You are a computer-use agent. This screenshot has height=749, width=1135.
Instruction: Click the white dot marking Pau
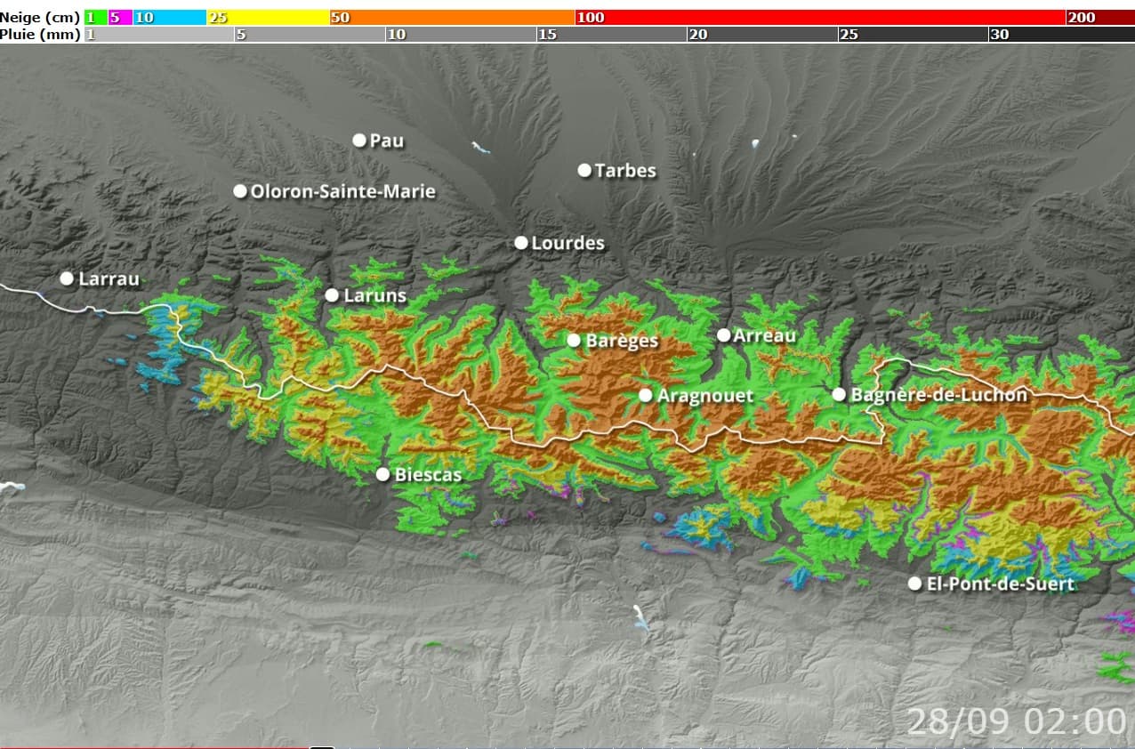tap(359, 140)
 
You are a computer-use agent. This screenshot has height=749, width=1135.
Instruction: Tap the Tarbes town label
tap(624, 170)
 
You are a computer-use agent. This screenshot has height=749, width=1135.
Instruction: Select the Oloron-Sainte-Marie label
tap(342, 191)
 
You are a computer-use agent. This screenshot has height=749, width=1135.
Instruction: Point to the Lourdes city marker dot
tap(521, 243)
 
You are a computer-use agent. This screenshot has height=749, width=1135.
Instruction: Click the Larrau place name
tap(109, 278)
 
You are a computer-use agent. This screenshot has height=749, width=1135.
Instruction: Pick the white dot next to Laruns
tap(332, 295)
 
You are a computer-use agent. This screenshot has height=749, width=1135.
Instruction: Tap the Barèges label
tap(622, 341)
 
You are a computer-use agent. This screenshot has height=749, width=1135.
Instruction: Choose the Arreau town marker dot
tap(724, 335)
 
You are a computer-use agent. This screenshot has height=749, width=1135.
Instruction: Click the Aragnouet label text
tap(704, 396)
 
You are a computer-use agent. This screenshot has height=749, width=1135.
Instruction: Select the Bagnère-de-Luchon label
tap(938, 395)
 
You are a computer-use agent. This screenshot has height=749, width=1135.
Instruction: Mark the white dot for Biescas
tap(382, 474)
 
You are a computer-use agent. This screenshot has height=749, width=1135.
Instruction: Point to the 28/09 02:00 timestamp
tap(1016, 720)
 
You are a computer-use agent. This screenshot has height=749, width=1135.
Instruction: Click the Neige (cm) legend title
tap(40, 18)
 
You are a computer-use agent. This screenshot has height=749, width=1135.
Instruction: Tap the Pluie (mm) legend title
tap(40, 35)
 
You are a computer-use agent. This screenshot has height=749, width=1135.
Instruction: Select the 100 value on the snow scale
tap(591, 18)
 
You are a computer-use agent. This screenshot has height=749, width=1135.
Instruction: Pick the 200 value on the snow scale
tap(1082, 18)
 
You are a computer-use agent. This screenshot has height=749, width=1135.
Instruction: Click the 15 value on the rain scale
tap(547, 35)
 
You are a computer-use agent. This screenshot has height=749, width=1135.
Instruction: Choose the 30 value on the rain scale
tap(999, 35)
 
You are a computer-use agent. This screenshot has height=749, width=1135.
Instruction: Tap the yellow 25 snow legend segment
tap(267, 18)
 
